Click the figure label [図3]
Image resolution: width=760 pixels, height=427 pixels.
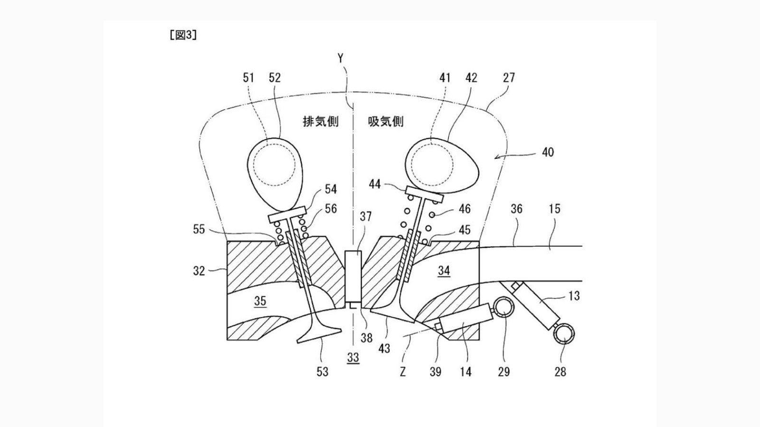click(x=183, y=36)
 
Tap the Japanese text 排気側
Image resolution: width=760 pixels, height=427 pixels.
click(x=321, y=121)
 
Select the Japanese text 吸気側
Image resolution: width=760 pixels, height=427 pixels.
click(x=386, y=121)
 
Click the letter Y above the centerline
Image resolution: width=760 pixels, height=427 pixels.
click(x=341, y=58)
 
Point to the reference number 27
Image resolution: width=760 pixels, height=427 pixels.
click(x=508, y=77)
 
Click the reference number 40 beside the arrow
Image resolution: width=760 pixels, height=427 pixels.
click(x=547, y=152)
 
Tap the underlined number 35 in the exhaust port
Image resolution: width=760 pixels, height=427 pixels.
click(x=260, y=301)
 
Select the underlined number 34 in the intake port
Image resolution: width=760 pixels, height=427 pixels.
click(x=444, y=270)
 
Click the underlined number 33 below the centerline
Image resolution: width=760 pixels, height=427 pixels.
click(x=353, y=357)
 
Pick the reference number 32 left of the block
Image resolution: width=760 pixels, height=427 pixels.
click(x=199, y=271)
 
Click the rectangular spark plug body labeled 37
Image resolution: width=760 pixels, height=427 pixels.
click(x=352, y=277)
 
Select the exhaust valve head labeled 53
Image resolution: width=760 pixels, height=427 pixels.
click(x=319, y=335)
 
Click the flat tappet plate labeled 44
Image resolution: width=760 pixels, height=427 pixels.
click(x=424, y=193)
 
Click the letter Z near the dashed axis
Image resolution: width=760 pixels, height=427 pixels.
click(x=403, y=371)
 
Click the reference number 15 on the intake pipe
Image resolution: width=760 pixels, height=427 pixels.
click(x=554, y=209)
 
